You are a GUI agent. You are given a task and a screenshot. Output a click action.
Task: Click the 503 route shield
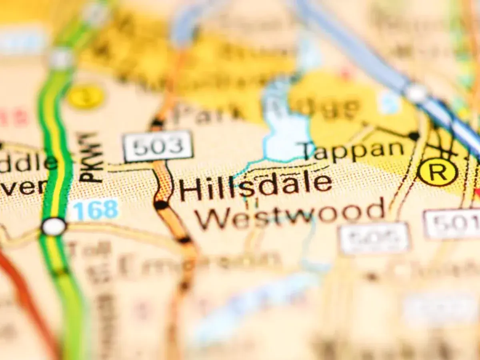point(158,146)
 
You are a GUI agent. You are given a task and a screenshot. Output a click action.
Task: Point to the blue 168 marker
point(94,210)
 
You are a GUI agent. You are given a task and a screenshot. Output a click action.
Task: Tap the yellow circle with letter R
point(438,172)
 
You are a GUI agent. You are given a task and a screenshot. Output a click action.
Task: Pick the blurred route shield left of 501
point(374,238)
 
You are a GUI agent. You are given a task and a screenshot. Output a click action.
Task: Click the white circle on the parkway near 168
point(54,227)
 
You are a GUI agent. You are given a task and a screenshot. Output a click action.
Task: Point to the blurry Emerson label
point(200,264)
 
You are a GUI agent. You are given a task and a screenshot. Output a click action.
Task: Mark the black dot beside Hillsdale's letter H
point(161,205)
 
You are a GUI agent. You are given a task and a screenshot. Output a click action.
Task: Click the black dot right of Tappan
point(414,136)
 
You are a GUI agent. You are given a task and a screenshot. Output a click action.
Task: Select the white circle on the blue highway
point(416,93)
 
